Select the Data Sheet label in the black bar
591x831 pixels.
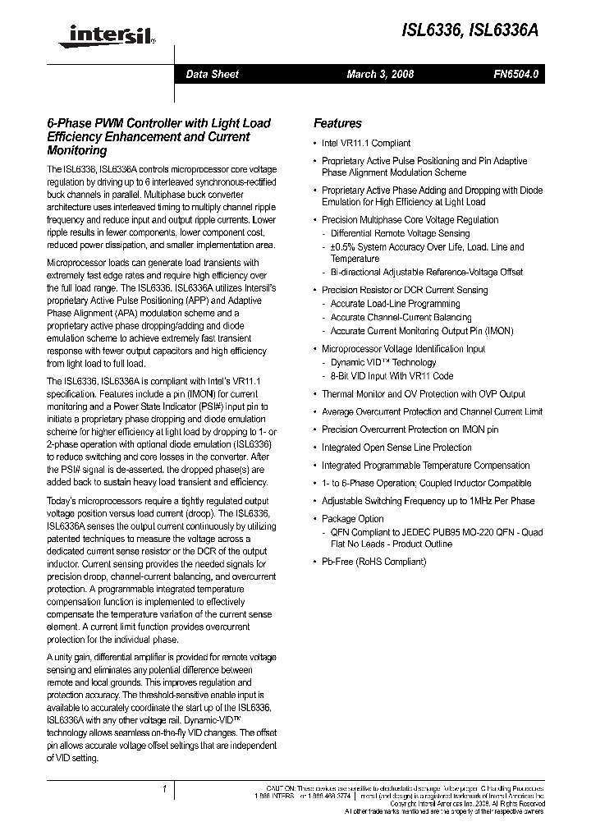(212, 74)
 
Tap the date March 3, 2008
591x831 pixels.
(380, 74)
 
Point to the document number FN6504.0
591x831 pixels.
(515, 74)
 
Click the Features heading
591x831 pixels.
(337, 123)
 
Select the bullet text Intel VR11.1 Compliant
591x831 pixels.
(366, 143)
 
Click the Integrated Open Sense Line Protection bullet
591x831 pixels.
(396, 448)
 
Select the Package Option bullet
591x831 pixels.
(352, 519)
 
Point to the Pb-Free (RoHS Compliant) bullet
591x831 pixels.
(373, 562)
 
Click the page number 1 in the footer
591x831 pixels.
(165, 789)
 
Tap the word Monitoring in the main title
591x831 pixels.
(77, 151)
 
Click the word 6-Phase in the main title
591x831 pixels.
(67, 123)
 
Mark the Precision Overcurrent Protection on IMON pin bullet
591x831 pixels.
(410, 429)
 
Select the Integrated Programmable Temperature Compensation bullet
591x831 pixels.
(425, 465)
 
